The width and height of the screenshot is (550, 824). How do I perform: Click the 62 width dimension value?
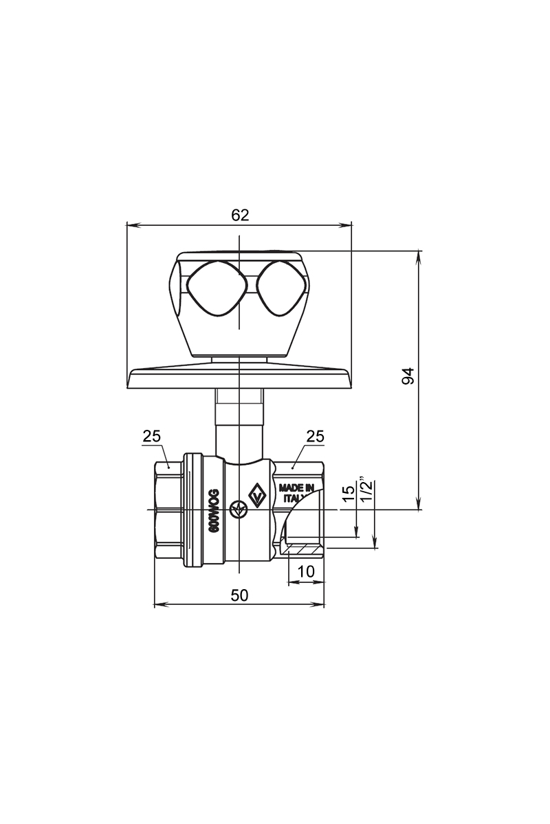[x=240, y=215]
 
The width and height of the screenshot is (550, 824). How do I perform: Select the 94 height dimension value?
[x=408, y=376]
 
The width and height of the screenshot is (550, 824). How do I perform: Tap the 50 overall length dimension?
[x=240, y=595]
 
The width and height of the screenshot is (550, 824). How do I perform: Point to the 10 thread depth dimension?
[x=306, y=571]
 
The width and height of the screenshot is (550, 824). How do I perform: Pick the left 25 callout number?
[x=152, y=436]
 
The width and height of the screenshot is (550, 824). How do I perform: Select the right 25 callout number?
[x=316, y=436]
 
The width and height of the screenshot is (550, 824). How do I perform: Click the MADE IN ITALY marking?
[x=296, y=493]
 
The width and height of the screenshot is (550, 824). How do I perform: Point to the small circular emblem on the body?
[x=239, y=510]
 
